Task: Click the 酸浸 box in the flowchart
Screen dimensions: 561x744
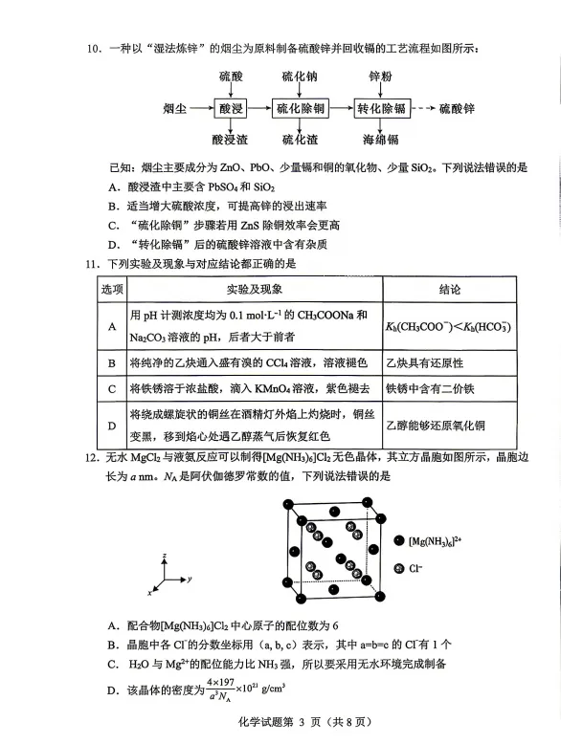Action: click(x=232, y=109)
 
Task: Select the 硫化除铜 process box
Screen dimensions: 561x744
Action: click(x=300, y=109)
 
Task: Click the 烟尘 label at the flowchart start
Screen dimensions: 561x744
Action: click(x=176, y=109)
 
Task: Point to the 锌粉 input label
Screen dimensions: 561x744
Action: click(x=381, y=77)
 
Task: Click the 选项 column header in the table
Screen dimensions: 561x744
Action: click(x=112, y=289)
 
